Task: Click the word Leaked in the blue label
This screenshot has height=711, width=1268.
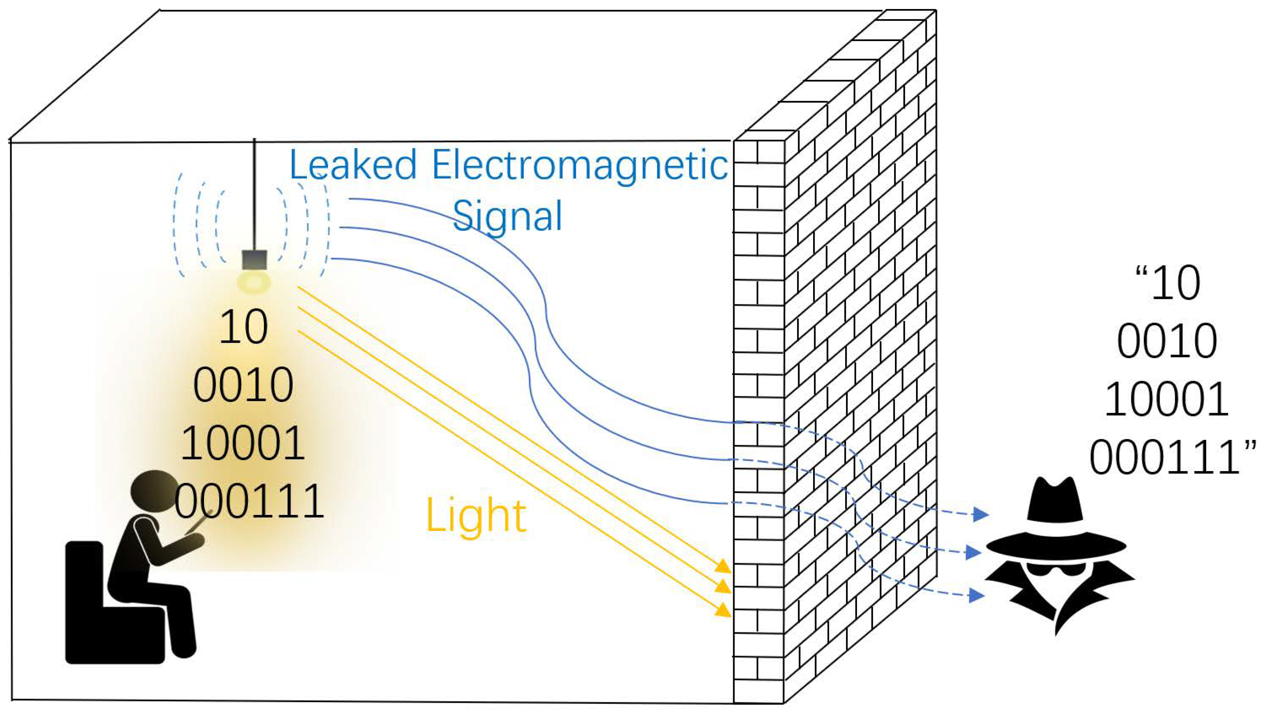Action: [x=352, y=165]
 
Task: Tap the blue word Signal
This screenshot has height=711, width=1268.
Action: [x=507, y=216]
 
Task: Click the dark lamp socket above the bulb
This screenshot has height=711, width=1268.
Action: [x=254, y=260]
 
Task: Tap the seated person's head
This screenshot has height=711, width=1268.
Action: [x=153, y=491]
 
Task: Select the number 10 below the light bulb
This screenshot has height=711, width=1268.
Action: [x=243, y=327]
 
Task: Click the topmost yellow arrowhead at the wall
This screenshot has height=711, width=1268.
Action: [x=723, y=566]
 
